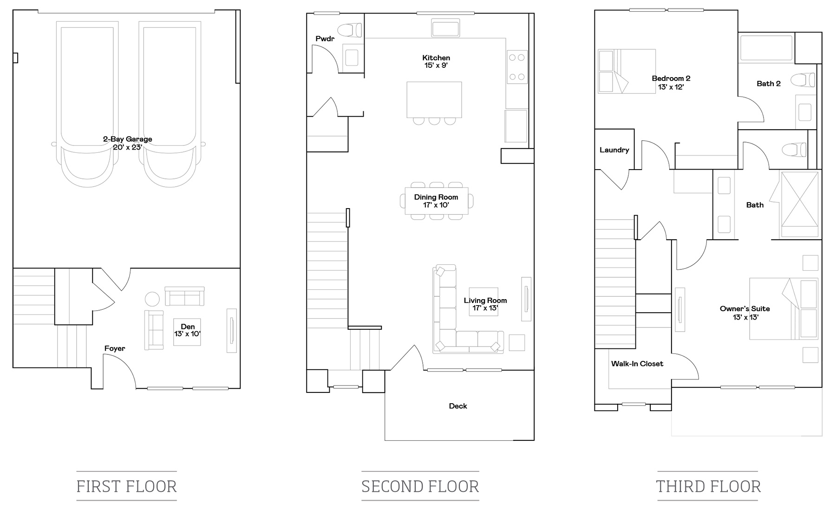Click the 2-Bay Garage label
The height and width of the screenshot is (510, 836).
[x=128, y=139]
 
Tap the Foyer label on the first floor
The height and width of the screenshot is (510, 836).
[x=115, y=348]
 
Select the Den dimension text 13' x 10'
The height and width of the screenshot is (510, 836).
[x=188, y=334]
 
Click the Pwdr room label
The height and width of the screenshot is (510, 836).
[x=325, y=39]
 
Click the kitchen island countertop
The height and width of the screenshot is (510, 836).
[x=434, y=99]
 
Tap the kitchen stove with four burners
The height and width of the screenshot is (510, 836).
[x=517, y=67]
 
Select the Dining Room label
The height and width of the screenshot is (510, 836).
[x=436, y=197]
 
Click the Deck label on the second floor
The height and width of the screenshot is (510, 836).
[x=458, y=406]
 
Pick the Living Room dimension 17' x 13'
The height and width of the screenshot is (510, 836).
[x=485, y=308]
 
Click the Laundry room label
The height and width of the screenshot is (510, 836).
[x=614, y=150]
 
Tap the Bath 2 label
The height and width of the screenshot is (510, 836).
[x=769, y=84]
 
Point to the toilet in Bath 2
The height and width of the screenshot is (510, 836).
[x=803, y=80]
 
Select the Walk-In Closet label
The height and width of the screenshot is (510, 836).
[x=637, y=364]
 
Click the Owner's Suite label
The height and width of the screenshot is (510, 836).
[x=745, y=309]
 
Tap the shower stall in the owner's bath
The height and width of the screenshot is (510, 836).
[x=800, y=204]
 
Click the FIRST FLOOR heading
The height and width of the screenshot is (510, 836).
[x=127, y=486]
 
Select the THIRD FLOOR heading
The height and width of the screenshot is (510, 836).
[x=708, y=486]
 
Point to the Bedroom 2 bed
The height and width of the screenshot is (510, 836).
[x=627, y=72]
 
